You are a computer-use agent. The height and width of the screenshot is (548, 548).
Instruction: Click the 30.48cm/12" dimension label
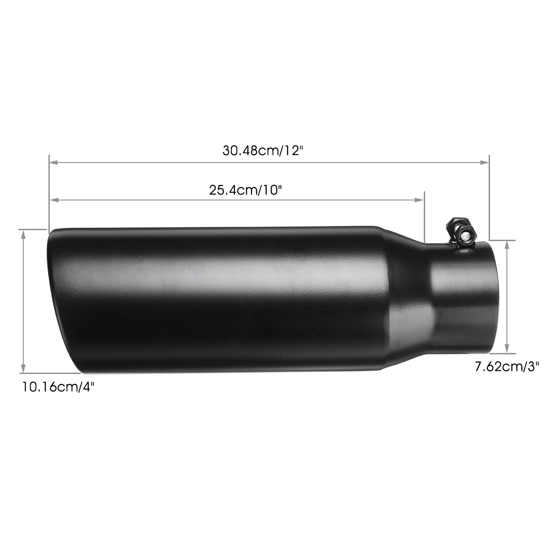coord(263,151)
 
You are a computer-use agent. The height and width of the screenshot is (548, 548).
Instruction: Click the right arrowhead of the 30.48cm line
coord(485,162)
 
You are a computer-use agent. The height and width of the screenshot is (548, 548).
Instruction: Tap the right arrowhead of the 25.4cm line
coord(421,200)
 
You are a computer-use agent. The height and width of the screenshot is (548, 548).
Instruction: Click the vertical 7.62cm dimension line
coord(507,297)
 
